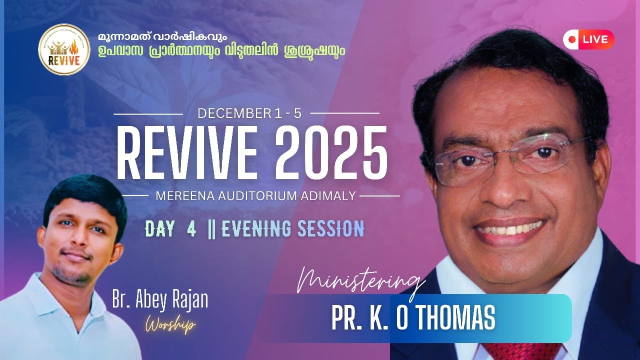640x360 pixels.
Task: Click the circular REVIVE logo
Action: pos(64,49)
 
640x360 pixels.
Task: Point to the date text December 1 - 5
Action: pos(249,113)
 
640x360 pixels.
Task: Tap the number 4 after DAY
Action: pos(191,229)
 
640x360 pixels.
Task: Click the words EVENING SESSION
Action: pos(292,229)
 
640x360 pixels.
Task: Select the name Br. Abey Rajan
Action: pos(159,300)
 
